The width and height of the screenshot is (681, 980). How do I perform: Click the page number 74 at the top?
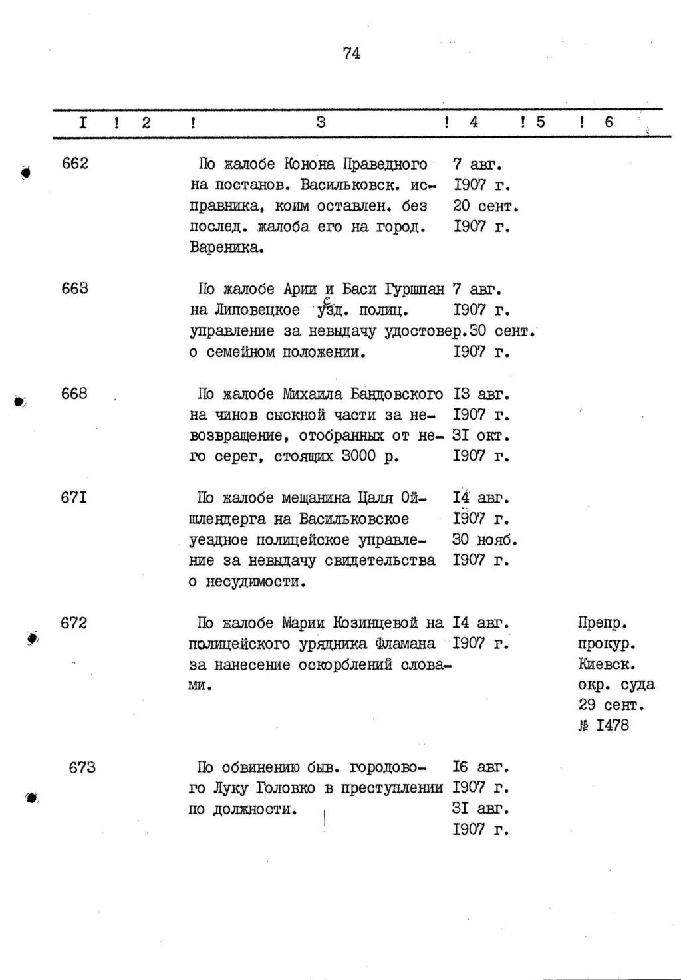point(352,53)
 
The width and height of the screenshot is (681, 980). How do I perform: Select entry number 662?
point(74,164)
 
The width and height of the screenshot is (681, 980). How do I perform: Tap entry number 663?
point(74,289)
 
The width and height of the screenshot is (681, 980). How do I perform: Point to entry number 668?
point(74,394)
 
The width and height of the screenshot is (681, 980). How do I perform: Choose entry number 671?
point(74,497)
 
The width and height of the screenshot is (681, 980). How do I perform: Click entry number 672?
point(74,623)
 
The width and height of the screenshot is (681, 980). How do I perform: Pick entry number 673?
point(82,767)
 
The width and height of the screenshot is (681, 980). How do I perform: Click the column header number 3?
point(321,122)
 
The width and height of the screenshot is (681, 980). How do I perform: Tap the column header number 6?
point(609,122)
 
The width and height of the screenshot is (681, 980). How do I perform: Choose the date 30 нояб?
point(485,539)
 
